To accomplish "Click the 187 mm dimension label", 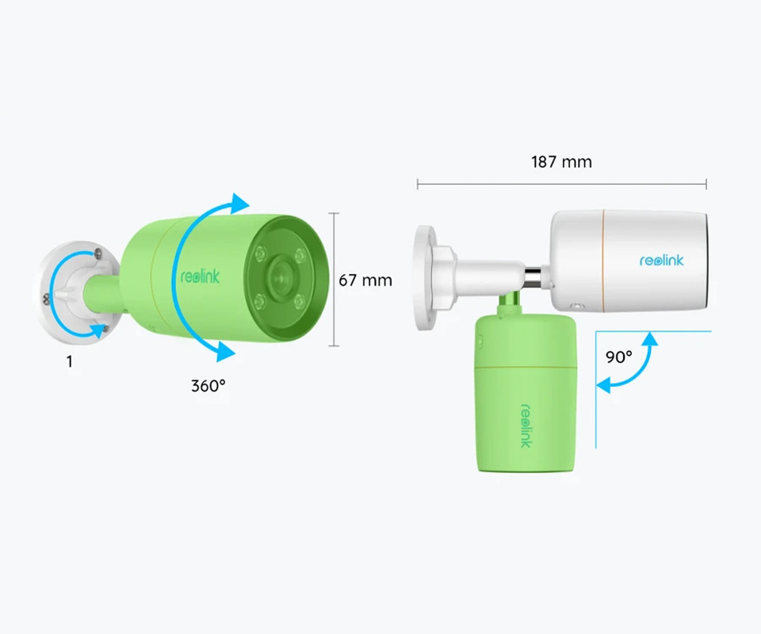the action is (561, 162).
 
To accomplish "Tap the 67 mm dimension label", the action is (365, 281).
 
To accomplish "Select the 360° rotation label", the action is (208, 386).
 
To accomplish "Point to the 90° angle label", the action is (619, 357).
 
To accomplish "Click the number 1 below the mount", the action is (70, 361).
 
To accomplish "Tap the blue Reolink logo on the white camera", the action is (661, 261).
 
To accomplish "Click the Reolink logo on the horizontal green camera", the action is (200, 277).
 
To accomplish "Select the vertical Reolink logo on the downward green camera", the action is (526, 426).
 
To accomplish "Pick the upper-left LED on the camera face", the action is (261, 254).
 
